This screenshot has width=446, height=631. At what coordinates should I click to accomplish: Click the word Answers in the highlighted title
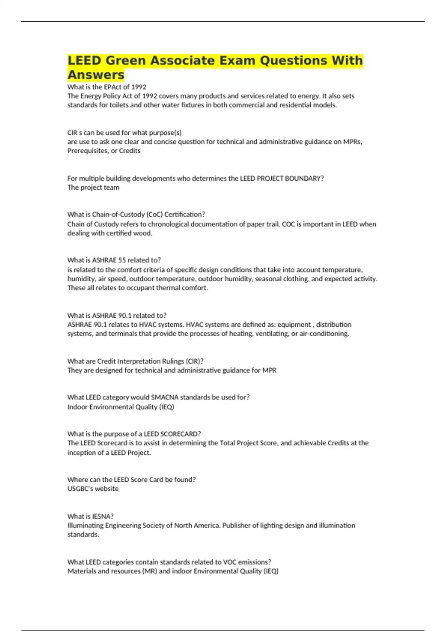point(96,75)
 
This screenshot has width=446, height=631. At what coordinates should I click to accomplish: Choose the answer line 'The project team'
point(93,187)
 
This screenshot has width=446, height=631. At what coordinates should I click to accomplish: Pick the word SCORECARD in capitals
point(180,434)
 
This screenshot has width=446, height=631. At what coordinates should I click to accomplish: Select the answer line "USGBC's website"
point(93,489)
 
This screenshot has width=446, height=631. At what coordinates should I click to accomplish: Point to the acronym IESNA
point(103,516)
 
